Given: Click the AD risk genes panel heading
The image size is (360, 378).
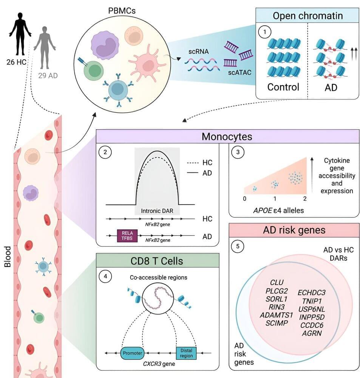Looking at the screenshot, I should tap(294, 230).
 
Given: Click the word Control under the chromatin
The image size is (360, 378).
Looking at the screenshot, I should tap(283, 87).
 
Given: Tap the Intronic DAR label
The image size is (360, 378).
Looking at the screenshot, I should tap(157, 211).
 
